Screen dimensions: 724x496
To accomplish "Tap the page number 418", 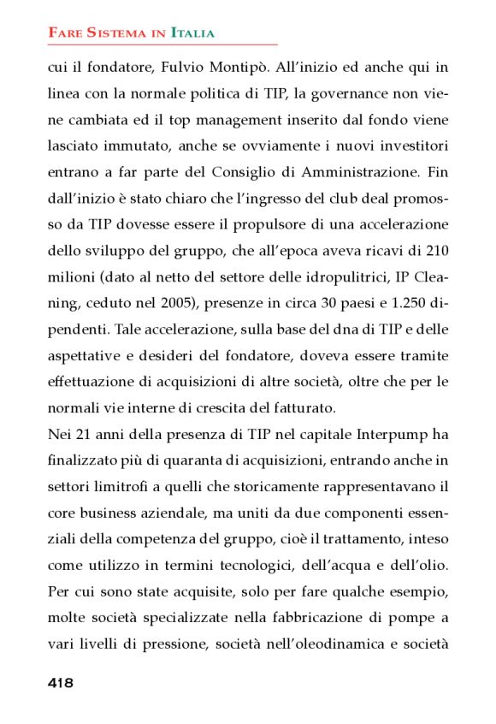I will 61,683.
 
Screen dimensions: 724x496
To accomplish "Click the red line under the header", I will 162,45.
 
